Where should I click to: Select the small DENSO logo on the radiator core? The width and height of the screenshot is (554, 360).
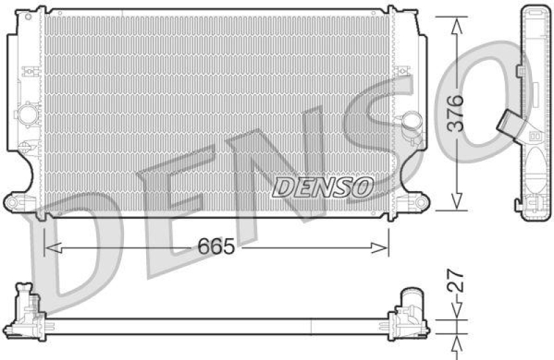tap(323, 186)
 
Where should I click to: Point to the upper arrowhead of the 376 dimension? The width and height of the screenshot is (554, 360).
tap(455, 24)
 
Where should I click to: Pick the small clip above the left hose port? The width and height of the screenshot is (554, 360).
tap(28, 71)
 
